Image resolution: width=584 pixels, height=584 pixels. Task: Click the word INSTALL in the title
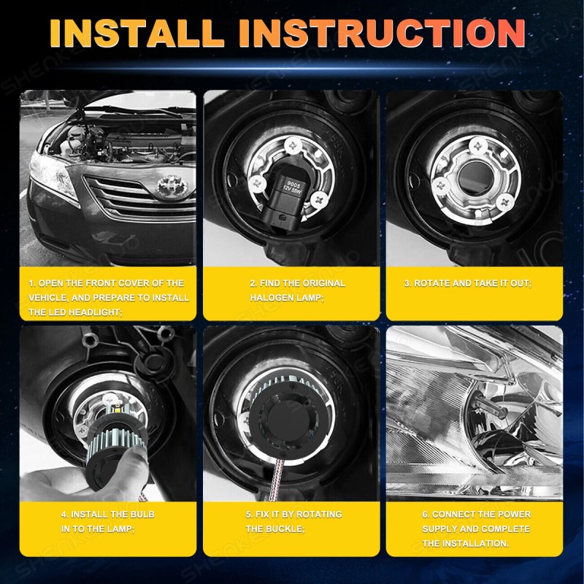[136, 34]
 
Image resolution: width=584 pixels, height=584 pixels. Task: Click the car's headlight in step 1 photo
[53, 175]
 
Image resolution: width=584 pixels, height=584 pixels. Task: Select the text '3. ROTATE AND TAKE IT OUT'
[467, 283]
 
